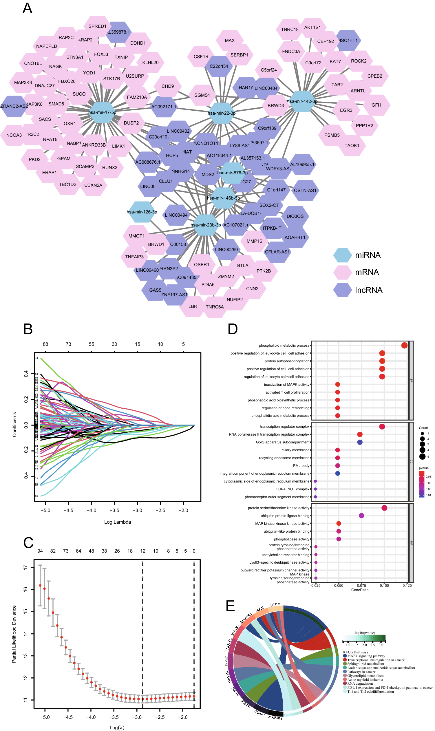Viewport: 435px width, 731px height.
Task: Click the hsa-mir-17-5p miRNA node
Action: pyautogui.click(x=102, y=113)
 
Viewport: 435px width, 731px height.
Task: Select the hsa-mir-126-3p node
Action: pyautogui.click(x=142, y=212)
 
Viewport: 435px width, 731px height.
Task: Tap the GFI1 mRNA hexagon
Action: pyautogui.click(x=377, y=105)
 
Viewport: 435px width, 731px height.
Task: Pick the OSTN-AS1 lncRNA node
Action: pyautogui.click(x=306, y=191)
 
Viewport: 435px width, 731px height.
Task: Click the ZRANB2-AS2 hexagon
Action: pyautogui.click(x=14, y=106)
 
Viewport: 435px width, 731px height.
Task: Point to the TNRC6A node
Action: pyautogui.click(x=215, y=307)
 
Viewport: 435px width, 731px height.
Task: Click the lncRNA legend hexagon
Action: pyautogui.click(x=343, y=290)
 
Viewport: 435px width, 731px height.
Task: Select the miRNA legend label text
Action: pyautogui.click(x=368, y=255)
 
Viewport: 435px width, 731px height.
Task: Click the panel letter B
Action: pyautogui.click(x=28, y=330)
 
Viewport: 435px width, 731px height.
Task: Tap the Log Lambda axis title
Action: pyautogui.click(x=118, y=522)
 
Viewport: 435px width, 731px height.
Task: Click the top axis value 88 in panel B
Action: pyautogui.click(x=45, y=344)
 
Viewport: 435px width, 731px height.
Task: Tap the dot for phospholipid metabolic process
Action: pyautogui.click(x=405, y=346)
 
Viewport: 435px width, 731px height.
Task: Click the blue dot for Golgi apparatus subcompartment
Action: pyautogui.click(x=360, y=442)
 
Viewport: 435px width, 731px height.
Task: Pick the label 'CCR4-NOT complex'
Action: pyautogui.click(x=293, y=489)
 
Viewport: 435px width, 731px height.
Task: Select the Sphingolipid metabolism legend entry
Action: pyautogui.click(x=365, y=664)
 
